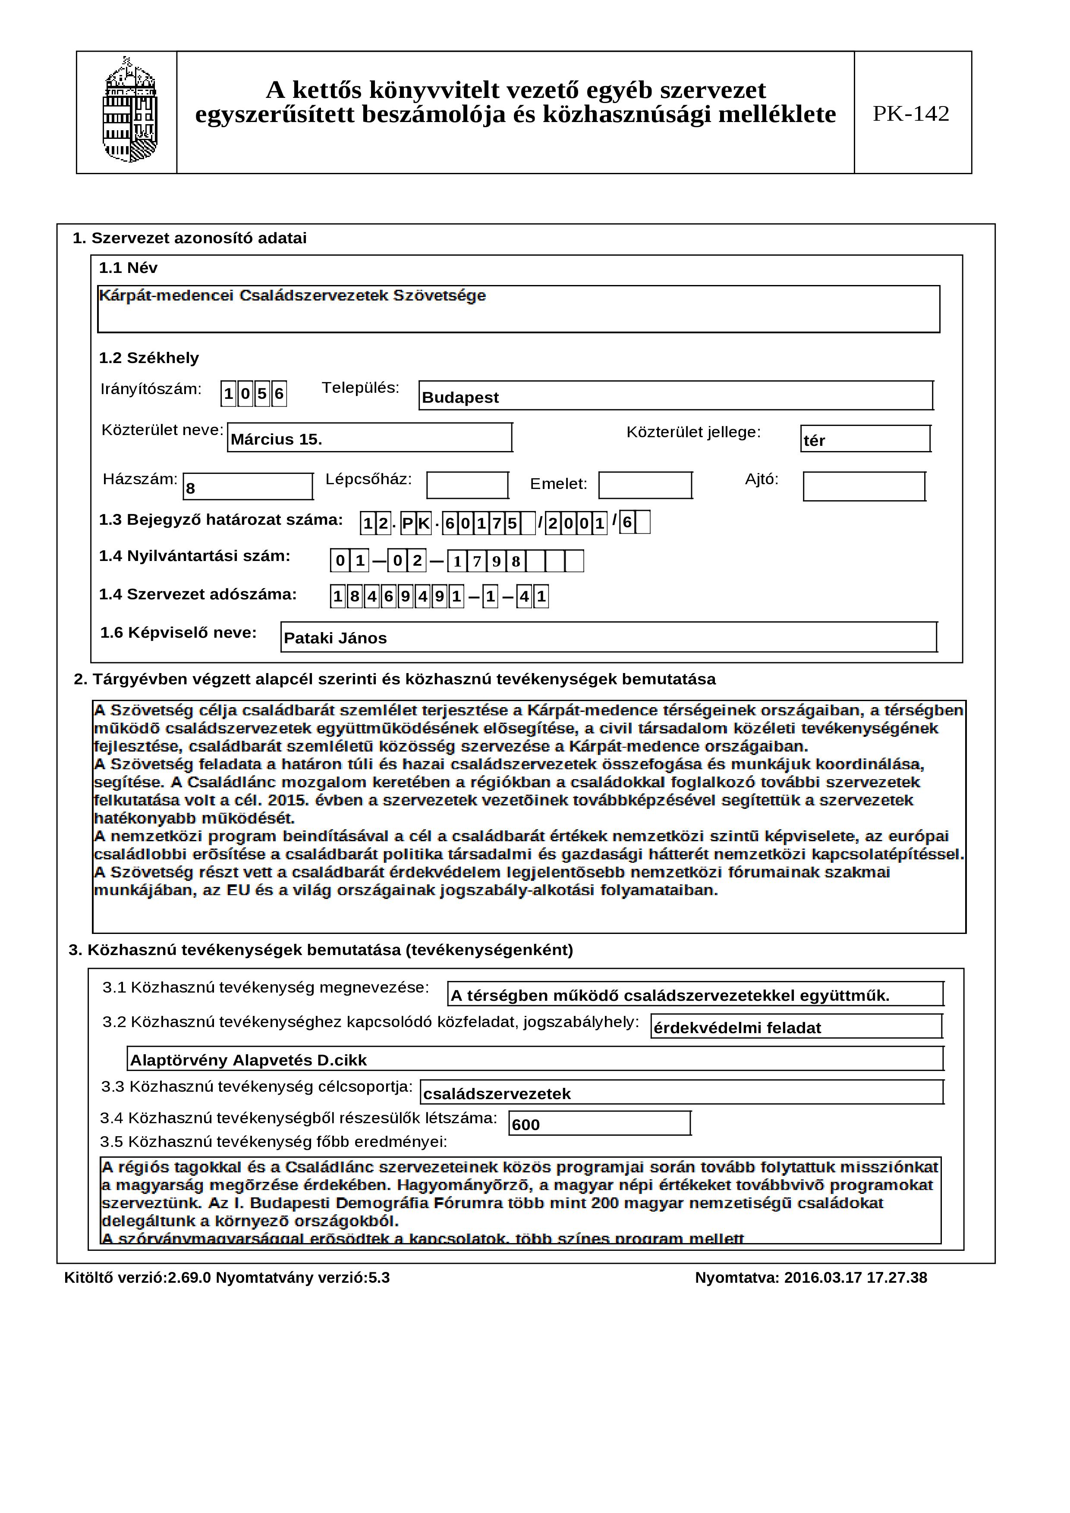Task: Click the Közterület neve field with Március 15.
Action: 369,438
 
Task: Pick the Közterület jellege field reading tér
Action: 865,439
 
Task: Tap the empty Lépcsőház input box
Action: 467,486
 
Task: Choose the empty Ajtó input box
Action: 864,487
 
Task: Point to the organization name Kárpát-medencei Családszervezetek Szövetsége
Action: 292,296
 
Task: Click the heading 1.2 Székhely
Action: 148,358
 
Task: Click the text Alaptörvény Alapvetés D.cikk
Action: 248,1060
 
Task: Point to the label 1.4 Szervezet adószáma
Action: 198,595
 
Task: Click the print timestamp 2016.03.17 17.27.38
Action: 855,1277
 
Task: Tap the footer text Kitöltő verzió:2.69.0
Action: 137,1277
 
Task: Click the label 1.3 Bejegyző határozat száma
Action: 221,520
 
